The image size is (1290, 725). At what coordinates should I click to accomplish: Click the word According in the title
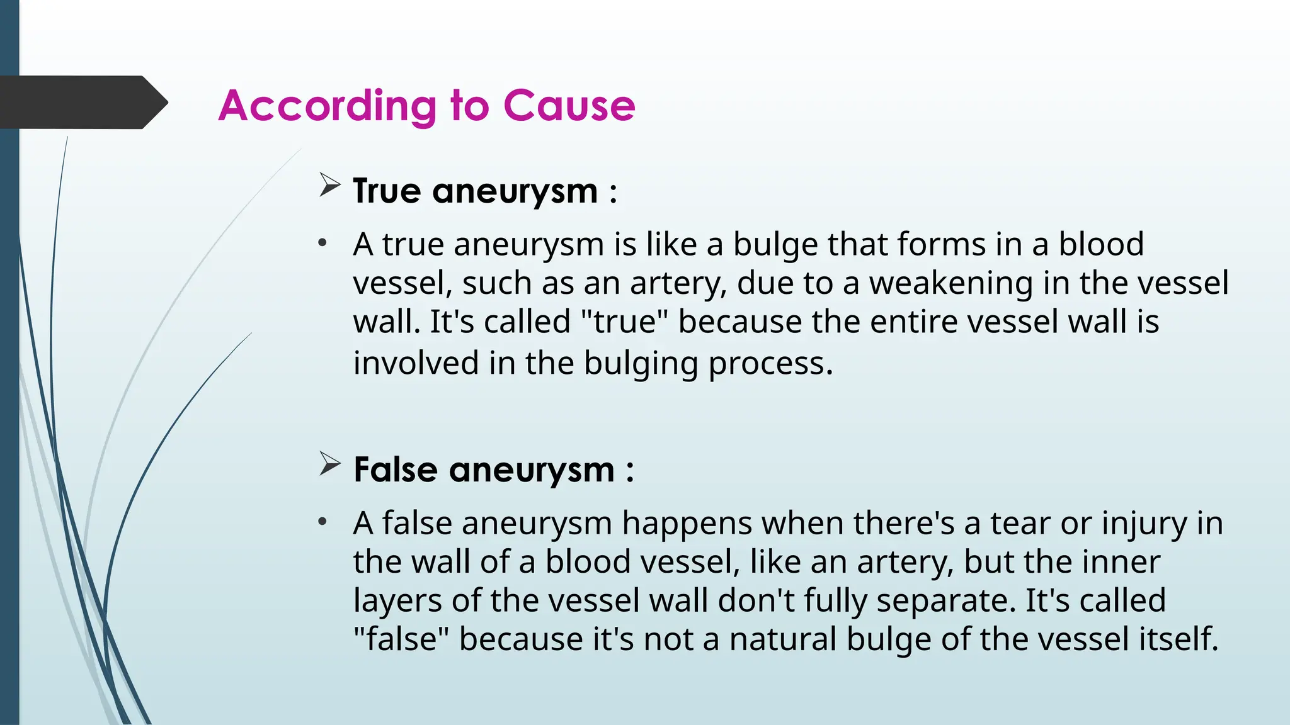click(327, 106)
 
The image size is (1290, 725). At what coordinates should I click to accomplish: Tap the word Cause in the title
click(569, 106)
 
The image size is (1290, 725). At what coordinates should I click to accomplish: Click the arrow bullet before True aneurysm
click(329, 185)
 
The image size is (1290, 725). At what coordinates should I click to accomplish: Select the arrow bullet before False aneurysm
click(329, 464)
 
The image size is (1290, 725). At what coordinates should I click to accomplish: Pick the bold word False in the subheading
click(396, 469)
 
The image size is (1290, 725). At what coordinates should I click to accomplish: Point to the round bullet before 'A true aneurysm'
click(322, 243)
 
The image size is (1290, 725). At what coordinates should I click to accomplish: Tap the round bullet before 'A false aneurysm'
click(322, 522)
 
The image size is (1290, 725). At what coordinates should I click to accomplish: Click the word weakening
click(951, 283)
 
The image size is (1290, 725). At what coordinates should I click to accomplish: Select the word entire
click(914, 322)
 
